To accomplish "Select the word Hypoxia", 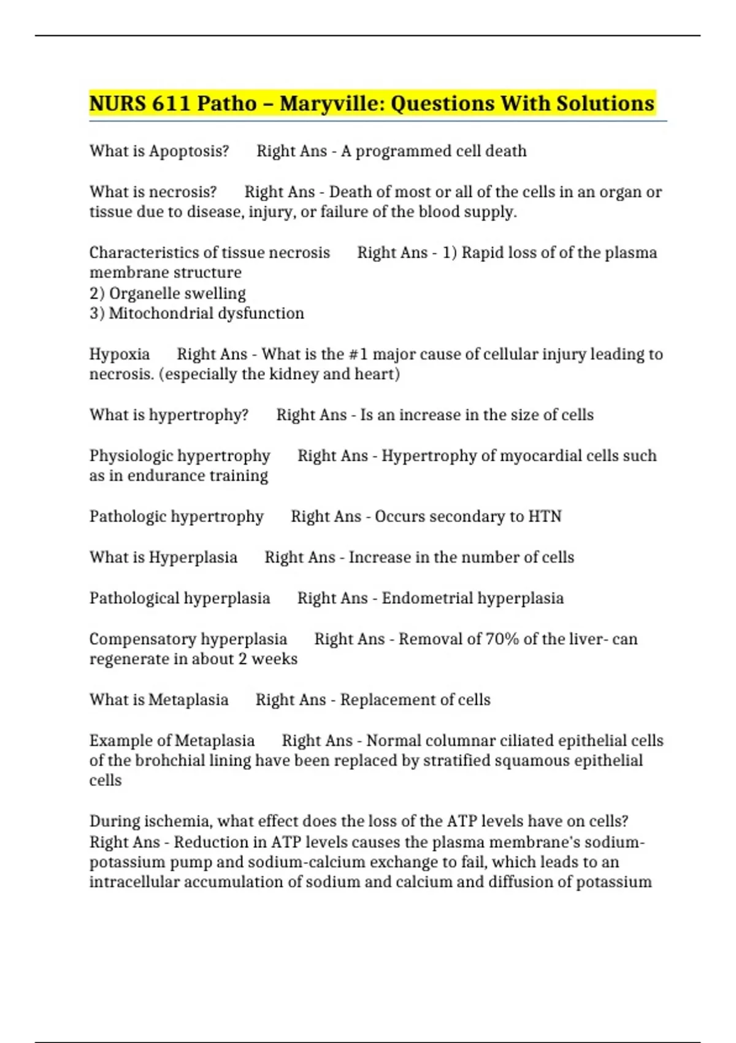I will [120, 354].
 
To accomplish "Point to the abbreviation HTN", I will [545, 517].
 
